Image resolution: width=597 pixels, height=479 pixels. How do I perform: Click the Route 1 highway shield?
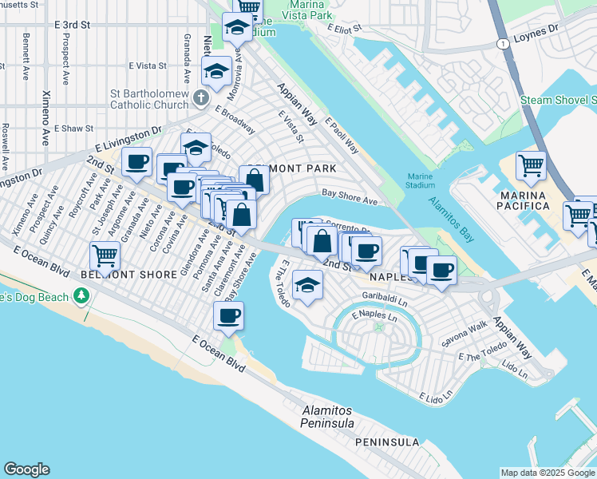500,42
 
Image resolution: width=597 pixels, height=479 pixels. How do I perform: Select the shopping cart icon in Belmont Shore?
105,256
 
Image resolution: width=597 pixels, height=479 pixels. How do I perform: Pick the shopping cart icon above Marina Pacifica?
531,166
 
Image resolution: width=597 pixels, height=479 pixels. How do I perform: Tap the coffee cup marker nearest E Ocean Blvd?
228,315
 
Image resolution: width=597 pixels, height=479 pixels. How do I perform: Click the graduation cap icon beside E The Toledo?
306,285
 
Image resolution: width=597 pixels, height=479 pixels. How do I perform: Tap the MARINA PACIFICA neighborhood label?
524,200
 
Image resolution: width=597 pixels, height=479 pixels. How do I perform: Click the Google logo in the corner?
27,469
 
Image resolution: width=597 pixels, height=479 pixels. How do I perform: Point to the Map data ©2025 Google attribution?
547,473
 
